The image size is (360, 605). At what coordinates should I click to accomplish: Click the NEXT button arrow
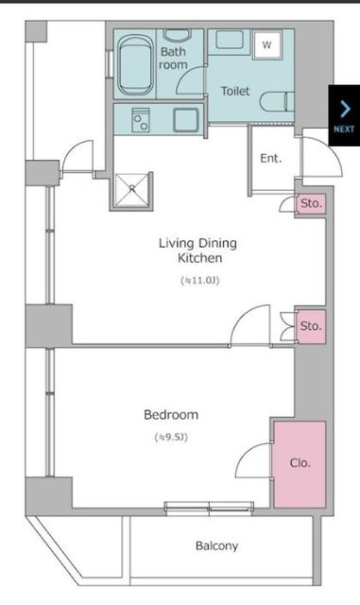345,110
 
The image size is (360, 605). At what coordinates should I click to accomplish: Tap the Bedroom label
171,415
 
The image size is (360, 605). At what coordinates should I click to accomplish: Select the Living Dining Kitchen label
197,251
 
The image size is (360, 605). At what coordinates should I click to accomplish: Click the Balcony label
216,545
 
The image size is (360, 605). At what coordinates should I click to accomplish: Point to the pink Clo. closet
300,464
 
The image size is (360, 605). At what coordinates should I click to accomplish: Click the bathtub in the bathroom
135,65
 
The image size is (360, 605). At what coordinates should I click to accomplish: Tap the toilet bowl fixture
277,102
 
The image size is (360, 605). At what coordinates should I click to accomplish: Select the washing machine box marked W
267,44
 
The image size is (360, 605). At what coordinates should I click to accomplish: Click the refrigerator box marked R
131,190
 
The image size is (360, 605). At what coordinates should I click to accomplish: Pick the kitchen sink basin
186,120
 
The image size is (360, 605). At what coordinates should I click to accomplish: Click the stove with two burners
141,120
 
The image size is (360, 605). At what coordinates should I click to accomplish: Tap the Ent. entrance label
271,158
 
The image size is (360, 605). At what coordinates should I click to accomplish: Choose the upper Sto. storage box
311,204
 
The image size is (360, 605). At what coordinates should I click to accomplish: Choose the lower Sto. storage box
311,326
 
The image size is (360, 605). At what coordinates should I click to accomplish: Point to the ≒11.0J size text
200,281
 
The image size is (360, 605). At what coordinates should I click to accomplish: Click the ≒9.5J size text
171,438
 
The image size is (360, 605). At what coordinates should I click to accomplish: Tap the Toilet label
235,91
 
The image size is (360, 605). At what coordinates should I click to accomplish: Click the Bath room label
173,59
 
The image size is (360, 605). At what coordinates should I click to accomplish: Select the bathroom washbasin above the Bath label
177,35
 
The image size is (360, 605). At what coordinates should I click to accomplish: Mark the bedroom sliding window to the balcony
209,509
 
